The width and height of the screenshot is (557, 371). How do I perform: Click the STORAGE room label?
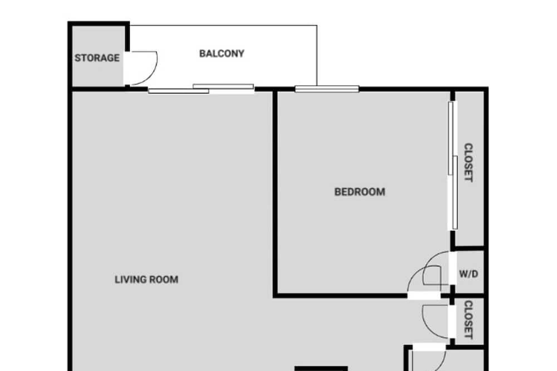(x=97, y=58)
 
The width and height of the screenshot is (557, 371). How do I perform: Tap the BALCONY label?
(x=222, y=53)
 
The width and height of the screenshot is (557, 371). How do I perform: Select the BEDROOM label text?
(x=360, y=192)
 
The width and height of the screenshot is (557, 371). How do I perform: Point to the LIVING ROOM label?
(x=146, y=280)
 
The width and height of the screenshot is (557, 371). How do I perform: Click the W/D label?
(x=468, y=274)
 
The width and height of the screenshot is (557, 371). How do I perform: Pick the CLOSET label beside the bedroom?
(x=468, y=163)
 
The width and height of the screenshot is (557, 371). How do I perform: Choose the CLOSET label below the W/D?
(x=468, y=320)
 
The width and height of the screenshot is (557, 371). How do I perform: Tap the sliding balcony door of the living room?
(x=201, y=89)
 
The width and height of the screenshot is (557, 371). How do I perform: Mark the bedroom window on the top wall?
(x=327, y=89)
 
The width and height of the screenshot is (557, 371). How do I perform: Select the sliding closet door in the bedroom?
(x=452, y=165)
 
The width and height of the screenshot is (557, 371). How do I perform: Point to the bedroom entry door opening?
(x=424, y=295)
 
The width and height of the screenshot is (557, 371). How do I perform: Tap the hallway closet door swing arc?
(x=427, y=327)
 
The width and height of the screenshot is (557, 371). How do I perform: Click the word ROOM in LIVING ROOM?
(x=164, y=280)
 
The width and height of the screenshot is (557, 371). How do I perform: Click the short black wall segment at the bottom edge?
(x=321, y=369)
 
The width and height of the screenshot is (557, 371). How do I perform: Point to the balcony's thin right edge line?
(x=317, y=56)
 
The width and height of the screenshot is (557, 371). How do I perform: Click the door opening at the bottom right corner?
(x=429, y=347)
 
